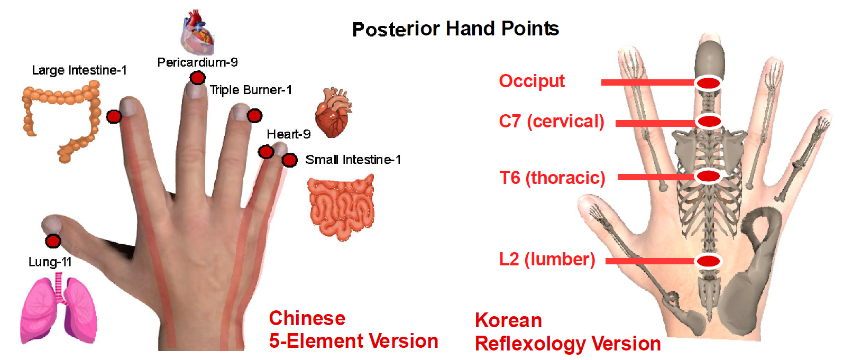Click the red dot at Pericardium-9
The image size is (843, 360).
click(197, 78)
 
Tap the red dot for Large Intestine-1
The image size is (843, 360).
click(114, 117)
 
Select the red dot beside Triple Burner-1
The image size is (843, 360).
click(254, 115)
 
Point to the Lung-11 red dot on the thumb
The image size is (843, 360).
click(53, 241)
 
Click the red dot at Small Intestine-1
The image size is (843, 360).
click(289, 160)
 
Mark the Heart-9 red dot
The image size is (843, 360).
click(266, 152)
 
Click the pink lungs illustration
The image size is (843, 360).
click(58, 308)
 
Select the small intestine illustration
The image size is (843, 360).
click(341, 207)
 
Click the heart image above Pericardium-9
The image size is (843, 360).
click(197, 33)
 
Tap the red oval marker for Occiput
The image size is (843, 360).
click(709, 83)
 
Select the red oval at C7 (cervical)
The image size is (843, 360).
click(709, 122)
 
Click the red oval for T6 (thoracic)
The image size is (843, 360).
click(709, 176)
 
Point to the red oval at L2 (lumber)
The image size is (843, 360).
click(709, 261)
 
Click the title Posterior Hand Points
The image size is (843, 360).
click(455, 29)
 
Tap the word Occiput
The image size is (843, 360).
click(532, 81)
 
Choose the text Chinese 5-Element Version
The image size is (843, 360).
click(354, 330)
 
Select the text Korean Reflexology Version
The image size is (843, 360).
click(567, 332)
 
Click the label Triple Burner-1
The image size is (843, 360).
click(251, 90)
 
